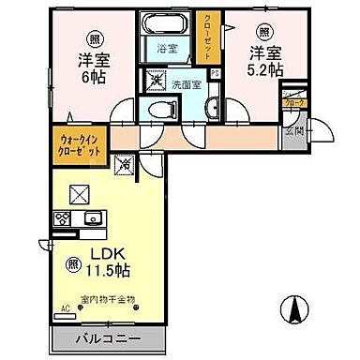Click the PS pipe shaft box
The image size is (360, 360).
215,75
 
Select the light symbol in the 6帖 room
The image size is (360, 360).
95,38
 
